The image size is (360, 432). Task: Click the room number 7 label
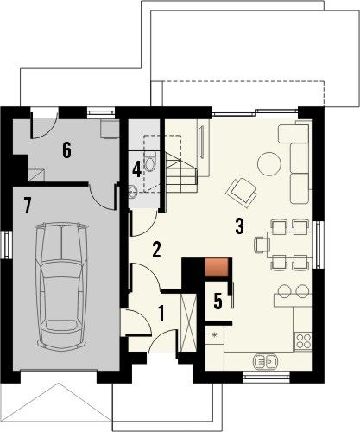28,206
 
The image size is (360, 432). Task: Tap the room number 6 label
66,150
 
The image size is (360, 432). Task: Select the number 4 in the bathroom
136,169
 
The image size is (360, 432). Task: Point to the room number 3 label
239,226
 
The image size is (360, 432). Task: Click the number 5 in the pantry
218,302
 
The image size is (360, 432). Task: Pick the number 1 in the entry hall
161,314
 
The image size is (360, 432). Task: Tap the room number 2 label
156,250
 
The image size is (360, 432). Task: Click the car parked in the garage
61,286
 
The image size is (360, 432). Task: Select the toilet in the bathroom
150,162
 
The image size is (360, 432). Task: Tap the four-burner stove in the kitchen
304,341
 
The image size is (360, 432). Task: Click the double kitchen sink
265,360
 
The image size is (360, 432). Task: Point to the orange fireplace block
217,268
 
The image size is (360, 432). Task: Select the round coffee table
269,164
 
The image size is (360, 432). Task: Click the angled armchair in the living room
242,193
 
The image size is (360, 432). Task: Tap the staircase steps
180,173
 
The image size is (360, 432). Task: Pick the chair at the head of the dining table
262,245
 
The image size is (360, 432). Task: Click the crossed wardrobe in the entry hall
188,322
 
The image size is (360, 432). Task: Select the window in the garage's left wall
7,245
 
